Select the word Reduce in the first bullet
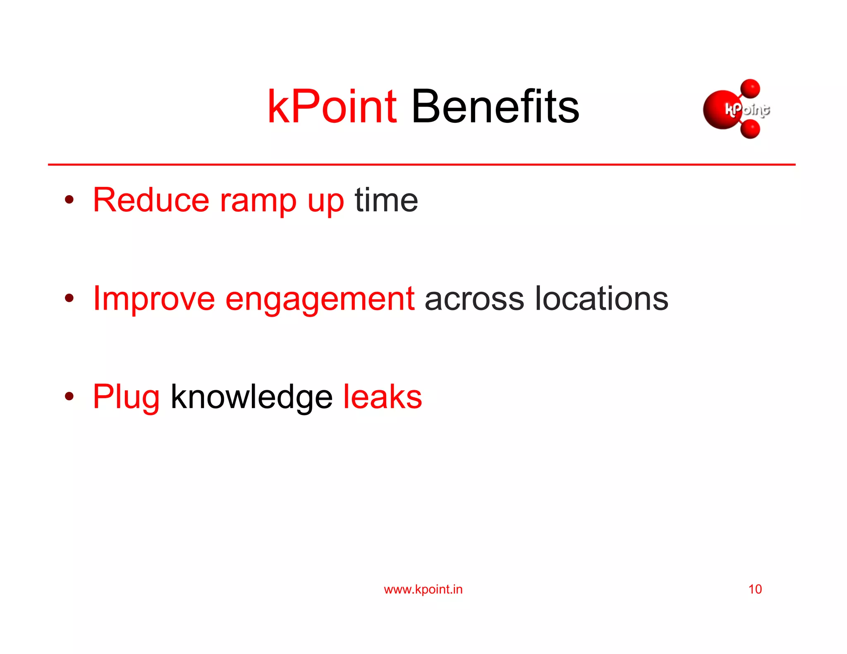(x=151, y=200)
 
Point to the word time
(x=386, y=200)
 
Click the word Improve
(x=153, y=299)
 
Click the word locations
(x=601, y=299)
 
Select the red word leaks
(x=383, y=397)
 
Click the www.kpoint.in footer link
(x=423, y=589)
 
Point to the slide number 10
(x=755, y=589)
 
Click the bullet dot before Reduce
(x=69, y=200)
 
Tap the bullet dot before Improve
(x=69, y=298)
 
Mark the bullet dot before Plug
(x=69, y=396)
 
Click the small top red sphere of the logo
(x=750, y=88)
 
